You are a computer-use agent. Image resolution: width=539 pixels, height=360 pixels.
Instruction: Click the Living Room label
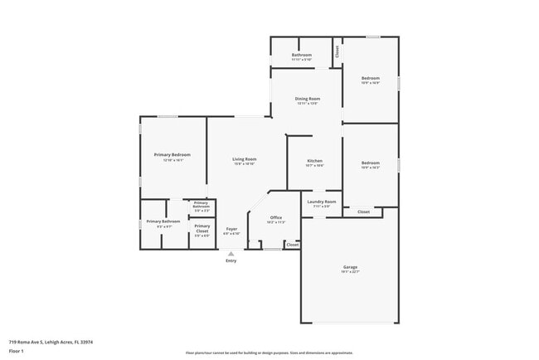tap(244, 158)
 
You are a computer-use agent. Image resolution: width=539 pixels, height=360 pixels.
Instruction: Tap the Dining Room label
tap(308, 99)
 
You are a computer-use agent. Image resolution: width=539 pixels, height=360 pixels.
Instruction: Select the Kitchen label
tap(314, 161)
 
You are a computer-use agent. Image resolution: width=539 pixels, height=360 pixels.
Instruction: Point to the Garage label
tap(350, 266)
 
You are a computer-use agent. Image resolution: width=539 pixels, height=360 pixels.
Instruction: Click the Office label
tap(276, 217)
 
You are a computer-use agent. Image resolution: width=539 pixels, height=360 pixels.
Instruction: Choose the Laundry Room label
tap(321, 202)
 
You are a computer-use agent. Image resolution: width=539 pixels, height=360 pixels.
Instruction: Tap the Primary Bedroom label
tap(172, 155)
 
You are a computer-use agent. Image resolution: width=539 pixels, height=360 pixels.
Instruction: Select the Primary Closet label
tap(202, 228)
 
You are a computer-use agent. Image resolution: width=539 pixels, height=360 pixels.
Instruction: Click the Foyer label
tap(231, 229)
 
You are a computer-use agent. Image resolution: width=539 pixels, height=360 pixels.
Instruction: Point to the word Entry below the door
tap(231, 261)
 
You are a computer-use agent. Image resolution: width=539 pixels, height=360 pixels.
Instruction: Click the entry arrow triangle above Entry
tap(231, 254)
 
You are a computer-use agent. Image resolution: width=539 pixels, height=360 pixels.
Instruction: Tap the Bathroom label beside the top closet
tap(301, 55)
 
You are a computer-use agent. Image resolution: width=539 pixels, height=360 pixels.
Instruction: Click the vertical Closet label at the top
tap(337, 51)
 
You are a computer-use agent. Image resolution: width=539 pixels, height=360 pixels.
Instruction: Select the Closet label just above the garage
tap(363, 212)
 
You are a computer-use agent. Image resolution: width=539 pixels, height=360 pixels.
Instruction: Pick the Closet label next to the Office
tap(292, 245)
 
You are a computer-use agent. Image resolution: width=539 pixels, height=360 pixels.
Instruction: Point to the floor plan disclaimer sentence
tap(269, 353)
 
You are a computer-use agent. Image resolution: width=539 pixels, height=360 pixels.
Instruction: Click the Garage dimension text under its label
tap(350, 271)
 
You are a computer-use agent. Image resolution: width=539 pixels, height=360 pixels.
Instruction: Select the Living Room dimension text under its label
tap(244, 163)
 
